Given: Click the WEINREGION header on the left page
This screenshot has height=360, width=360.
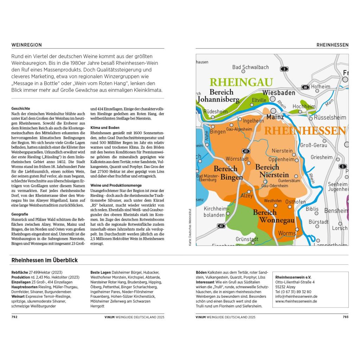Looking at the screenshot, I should (x=27, y=45).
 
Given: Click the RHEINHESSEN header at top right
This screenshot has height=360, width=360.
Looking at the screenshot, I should (x=332, y=45).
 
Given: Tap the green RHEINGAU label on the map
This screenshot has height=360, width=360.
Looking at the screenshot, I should (x=241, y=82).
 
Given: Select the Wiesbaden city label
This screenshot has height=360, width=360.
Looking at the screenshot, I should (x=279, y=93).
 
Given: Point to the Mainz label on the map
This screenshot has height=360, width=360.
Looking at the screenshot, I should (x=275, y=117).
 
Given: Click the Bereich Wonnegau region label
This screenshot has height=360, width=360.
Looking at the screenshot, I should (x=270, y=216).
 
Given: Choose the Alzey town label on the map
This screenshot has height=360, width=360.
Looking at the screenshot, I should (x=246, y=195).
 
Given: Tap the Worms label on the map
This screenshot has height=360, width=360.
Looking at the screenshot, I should (x=287, y=233).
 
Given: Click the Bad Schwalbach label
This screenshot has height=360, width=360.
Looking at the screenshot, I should (x=250, y=67).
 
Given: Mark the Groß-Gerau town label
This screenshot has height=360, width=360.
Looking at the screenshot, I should (x=314, y=145).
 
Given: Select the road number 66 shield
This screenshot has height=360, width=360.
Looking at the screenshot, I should (x=306, y=87).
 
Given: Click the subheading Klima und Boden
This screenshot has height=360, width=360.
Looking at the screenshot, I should (x=105, y=128).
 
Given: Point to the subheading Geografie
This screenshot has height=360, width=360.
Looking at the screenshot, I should (x=20, y=214).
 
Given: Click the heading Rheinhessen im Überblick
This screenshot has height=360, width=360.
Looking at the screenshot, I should (x=45, y=260).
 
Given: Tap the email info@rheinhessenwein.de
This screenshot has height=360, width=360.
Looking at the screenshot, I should (x=296, y=296).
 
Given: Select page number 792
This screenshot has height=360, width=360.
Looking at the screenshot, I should (x=14, y=317).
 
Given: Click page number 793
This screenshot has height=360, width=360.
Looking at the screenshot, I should (x=345, y=317).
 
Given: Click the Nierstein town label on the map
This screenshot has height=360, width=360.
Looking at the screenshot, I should (x=282, y=151).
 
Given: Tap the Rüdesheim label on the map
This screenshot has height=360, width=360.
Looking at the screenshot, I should (x=216, y=111).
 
